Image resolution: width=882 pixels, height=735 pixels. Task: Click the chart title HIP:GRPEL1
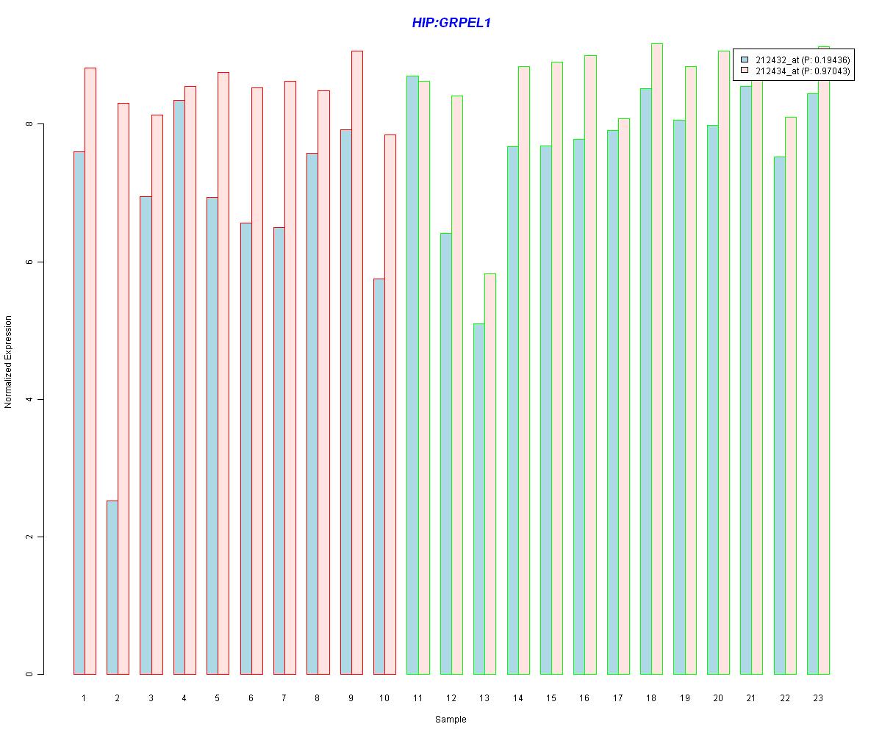pos(451,23)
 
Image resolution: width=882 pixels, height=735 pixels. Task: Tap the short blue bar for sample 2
pos(112,588)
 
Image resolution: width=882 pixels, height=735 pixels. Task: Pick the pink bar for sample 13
pos(490,474)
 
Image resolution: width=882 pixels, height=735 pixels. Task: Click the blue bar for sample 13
pos(478,500)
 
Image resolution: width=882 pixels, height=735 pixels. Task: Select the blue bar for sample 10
pos(379,478)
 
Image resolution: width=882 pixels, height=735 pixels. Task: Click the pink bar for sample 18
pos(657,360)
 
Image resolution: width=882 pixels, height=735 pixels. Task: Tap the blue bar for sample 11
pos(412,375)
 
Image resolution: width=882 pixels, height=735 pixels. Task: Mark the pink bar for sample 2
pos(123,390)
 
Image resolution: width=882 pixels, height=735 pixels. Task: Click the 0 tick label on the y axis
pos(30,674)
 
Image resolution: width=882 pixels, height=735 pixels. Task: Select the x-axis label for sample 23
pos(818,698)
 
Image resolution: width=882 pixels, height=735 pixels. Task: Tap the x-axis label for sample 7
pos(284,698)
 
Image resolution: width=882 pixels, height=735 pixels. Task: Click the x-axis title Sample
pos(451,720)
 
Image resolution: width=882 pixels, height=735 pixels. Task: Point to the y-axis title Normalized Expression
pos(9,362)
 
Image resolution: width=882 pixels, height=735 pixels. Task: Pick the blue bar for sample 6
pos(245,448)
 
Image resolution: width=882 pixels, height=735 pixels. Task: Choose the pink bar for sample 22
pos(790,397)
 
